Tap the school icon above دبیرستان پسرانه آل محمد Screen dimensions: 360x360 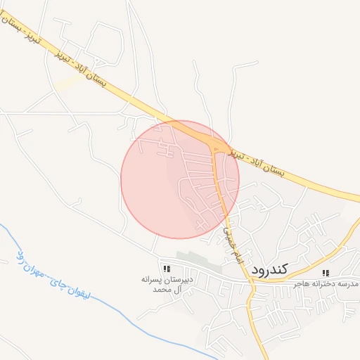[x=167, y=269]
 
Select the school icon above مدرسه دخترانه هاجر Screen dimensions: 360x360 [x=325, y=273]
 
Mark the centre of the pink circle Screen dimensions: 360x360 [x=180, y=179]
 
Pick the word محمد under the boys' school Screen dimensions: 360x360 [x=160, y=289]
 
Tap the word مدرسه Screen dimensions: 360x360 [x=348, y=283]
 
